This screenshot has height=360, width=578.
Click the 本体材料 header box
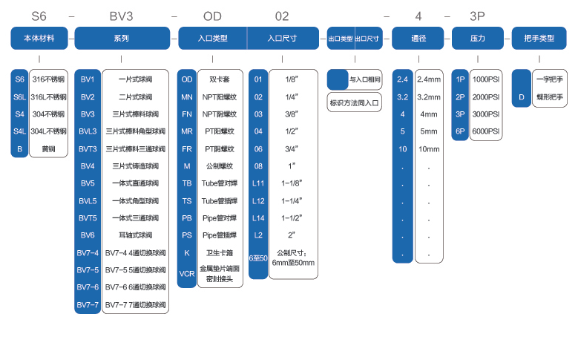tap(38, 38)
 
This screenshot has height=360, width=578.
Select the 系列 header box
tap(121, 38)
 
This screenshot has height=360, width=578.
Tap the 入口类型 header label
tap(212, 38)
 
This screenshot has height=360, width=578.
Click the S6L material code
tap(20, 96)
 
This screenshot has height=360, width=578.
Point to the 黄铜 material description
tap(48, 148)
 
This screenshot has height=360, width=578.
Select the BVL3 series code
tap(88, 131)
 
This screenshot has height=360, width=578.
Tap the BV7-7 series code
tap(88, 304)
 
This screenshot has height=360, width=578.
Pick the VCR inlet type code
tap(187, 274)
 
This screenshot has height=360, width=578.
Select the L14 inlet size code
tap(258, 217)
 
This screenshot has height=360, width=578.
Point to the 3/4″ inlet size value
tap(292, 148)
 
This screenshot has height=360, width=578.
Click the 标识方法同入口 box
tap(355, 104)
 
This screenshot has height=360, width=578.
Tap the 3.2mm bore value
tap(429, 96)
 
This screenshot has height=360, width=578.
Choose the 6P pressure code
tap(460, 131)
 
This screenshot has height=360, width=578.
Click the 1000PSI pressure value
tap(486, 79)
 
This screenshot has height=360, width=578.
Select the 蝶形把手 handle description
tap(550, 96)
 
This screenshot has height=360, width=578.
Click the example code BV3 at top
tap(121, 16)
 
